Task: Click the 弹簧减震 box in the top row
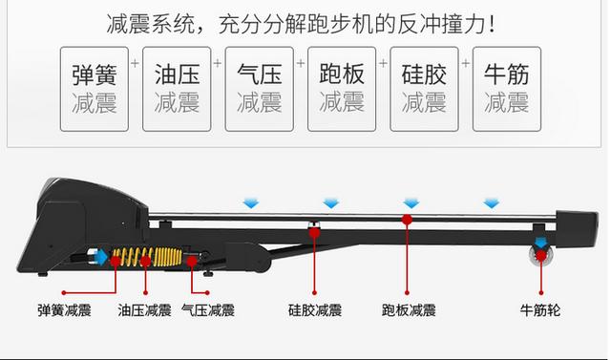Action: coord(95,89)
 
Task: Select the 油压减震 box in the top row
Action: coord(177,89)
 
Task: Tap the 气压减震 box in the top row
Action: coord(259,89)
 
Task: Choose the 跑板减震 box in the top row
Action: coord(342,89)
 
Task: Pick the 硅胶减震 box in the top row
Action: coord(424,89)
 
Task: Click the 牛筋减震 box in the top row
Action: coord(507,89)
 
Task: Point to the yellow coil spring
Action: coord(147,257)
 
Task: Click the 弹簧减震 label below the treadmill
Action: coord(64,310)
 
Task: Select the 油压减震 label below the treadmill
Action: coord(144,310)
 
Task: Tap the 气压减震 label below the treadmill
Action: coord(208,310)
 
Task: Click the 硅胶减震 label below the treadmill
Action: coord(315,310)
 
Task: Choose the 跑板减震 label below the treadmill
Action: coord(409,310)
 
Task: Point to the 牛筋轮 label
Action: coord(540,310)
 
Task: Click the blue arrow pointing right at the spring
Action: coord(101,258)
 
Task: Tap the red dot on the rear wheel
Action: coord(541,256)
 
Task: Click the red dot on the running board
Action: coord(408,220)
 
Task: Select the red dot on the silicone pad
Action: coord(314,233)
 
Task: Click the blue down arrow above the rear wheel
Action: coord(540,244)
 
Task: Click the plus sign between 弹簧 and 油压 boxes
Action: coord(135,63)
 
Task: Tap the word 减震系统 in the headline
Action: coord(150,24)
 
